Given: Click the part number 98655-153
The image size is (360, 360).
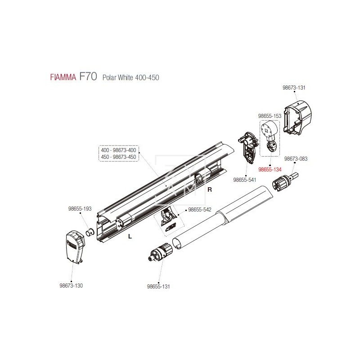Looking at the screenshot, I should coord(270,116).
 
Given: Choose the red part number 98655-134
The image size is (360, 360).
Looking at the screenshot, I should coord(270,170).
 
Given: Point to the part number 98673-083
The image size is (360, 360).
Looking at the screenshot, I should coord(296,158).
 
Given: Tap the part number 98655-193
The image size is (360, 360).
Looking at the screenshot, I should coord(80,209).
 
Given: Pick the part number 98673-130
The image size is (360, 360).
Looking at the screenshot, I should coord(71,285).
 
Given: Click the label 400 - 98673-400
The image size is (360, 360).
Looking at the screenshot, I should coord(118,150).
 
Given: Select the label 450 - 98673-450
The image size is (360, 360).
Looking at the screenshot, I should coord(118,157).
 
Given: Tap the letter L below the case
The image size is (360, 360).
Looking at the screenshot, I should coord(129,237).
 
